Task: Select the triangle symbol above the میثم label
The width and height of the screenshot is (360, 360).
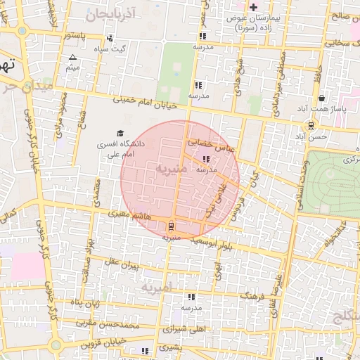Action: click(72, 57)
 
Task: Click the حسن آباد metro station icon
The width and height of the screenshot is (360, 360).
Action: click(311, 125)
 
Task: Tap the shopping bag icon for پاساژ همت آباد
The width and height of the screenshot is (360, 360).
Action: click(321, 98)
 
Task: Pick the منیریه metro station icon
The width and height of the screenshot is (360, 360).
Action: click(171, 226)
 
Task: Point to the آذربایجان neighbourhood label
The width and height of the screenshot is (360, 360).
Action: click(109, 13)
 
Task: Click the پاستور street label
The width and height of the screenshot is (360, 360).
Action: click(76, 34)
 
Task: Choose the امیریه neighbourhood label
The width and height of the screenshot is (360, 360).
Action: click(155, 288)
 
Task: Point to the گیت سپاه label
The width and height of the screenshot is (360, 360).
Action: click(112, 49)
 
